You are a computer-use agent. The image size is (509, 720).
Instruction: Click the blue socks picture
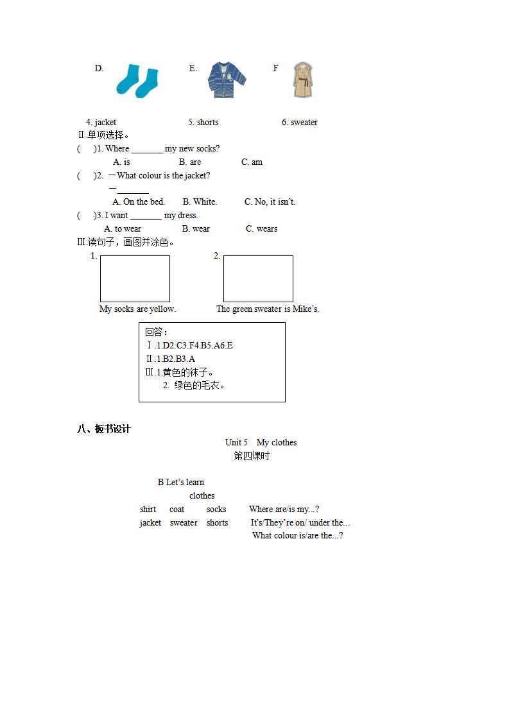pyautogui.click(x=137, y=81)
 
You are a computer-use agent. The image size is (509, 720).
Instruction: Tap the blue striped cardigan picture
pyautogui.click(x=227, y=80)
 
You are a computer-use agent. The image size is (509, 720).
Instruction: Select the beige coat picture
pyautogui.click(x=302, y=80)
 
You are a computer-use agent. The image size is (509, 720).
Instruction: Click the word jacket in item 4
pyautogui.click(x=105, y=122)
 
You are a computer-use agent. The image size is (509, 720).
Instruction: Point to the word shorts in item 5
pyautogui.click(x=207, y=122)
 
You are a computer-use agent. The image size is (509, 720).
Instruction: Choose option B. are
pyautogui.click(x=190, y=162)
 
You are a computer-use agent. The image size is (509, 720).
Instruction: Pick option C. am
pyautogui.click(x=252, y=162)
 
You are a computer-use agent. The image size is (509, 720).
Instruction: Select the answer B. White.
pyautogui.click(x=200, y=201)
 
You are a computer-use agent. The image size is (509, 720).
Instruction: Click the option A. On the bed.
pyautogui.click(x=139, y=201)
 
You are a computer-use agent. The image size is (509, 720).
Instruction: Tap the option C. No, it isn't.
pyautogui.click(x=270, y=201)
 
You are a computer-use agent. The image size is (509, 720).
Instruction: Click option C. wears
pyautogui.click(x=262, y=228)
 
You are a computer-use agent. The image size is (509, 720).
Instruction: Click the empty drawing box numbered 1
pyautogui.click(x=135, y=279)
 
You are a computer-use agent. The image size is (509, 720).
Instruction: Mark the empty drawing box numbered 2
pyautogui.click(x=258, y=279)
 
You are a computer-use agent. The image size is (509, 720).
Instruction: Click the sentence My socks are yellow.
pyautogui.click(x=137, y=309)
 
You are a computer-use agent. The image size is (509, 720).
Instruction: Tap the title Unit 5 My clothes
pyautogui.click(x=261, y=442)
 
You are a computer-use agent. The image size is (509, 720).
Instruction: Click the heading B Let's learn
pyautogui.click(x=181, y=482)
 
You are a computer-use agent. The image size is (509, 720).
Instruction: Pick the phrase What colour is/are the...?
pyautogui.click(x=297, y=535)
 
